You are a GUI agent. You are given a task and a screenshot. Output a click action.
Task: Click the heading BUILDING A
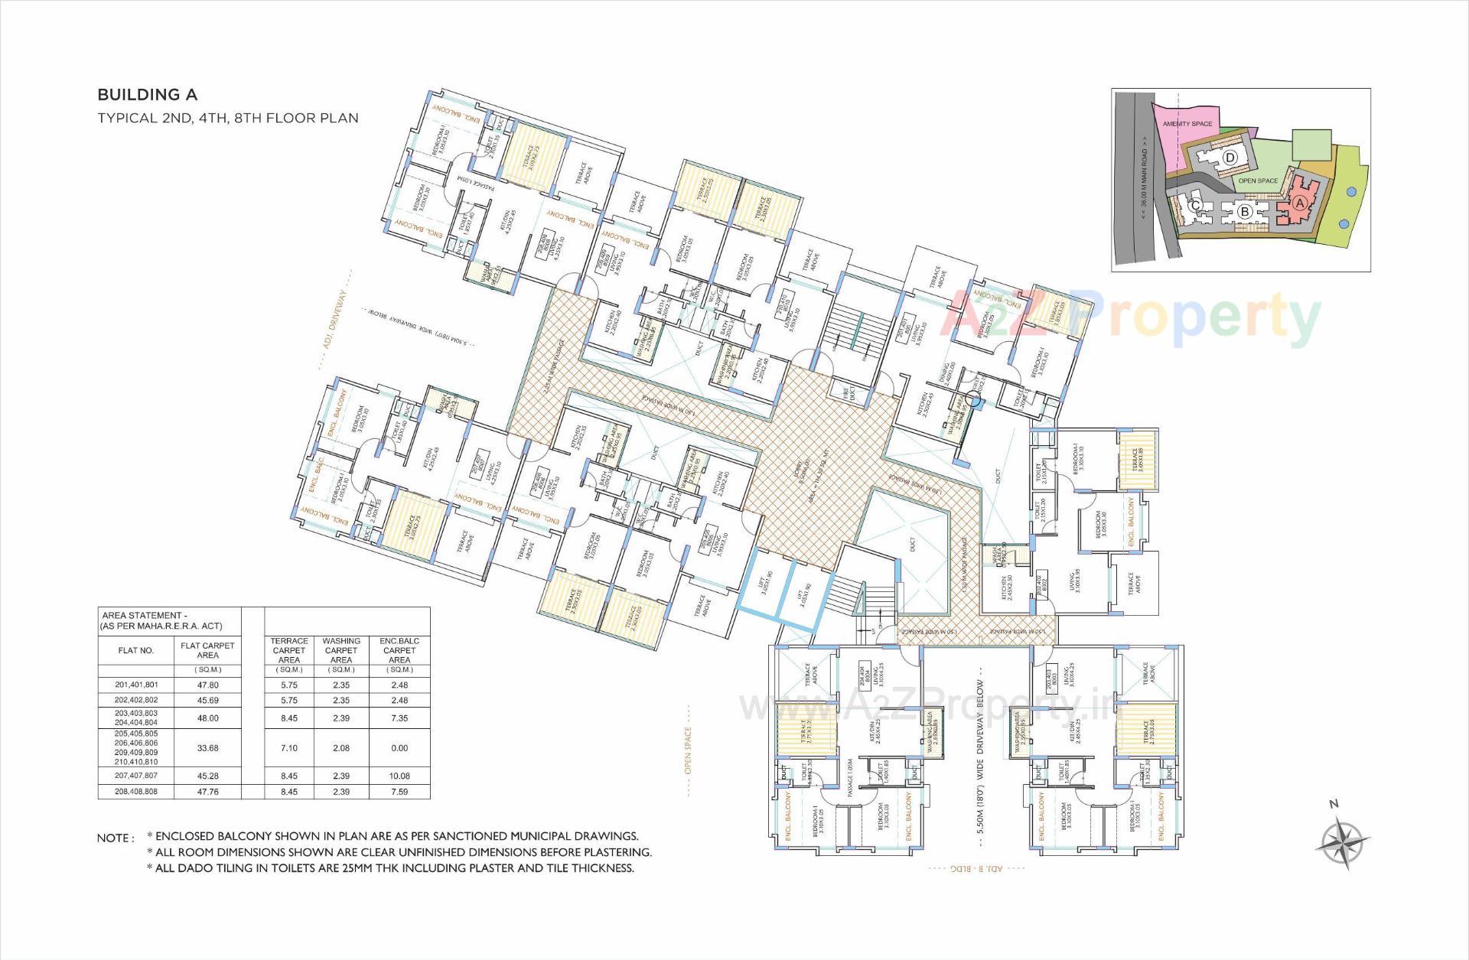147,95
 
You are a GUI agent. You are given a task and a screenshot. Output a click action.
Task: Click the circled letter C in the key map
1195,205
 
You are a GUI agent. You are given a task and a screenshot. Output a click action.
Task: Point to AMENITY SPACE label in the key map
1187,124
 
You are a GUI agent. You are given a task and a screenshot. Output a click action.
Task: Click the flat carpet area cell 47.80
207,685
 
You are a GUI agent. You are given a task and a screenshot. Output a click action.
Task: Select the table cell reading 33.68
207,748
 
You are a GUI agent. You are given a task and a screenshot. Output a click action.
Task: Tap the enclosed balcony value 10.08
399,776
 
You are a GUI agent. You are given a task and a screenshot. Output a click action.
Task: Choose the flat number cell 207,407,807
136,776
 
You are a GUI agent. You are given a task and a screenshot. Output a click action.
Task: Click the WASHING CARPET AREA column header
341,650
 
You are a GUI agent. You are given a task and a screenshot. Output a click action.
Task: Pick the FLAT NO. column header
136,650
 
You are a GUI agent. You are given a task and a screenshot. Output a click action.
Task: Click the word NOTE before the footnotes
115,838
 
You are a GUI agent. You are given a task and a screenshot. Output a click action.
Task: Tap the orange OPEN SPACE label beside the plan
688,740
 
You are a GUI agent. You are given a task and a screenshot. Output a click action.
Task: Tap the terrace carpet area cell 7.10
288,748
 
